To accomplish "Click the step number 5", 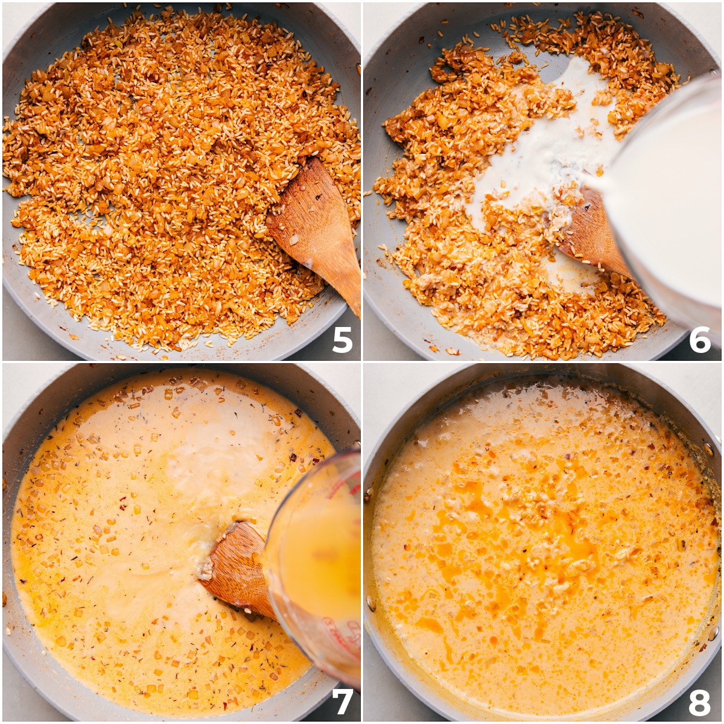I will [x=341, y=340].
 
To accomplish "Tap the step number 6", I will [x=700, y=340].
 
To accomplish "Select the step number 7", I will [x=342, y=701].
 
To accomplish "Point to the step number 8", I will [x=700, y=702].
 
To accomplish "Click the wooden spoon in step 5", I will [x=317, y=229].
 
